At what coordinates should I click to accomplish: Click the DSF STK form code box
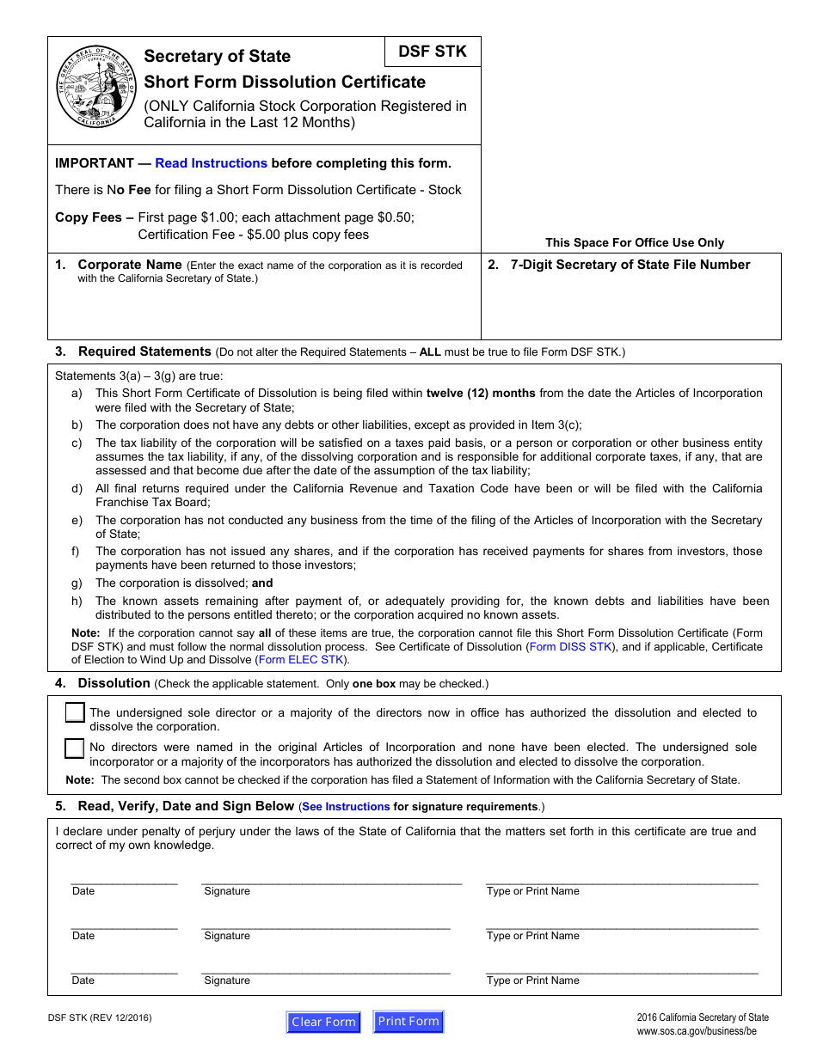click(433, 52)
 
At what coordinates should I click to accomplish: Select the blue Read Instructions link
click(211, 163)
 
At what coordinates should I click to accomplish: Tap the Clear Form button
click(323, 1022)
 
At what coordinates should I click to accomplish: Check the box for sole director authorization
click(75, 713)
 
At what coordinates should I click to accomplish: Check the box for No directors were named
click(75, 748)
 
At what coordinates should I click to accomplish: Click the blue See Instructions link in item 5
click(346, 807)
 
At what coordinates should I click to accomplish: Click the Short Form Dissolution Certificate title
click(285, 82)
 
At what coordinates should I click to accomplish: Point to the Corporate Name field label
click(130, 265)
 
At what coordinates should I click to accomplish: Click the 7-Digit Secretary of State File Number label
click(630, 265)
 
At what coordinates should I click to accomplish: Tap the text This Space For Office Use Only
click(635, 243)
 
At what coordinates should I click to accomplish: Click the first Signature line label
click(227, 891)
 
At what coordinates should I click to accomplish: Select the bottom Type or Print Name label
click(533, 981)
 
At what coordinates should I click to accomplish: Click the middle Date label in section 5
click(83, 936)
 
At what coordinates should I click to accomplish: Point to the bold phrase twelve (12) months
click(481, 394)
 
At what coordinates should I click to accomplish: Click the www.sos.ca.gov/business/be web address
click(697, 1031)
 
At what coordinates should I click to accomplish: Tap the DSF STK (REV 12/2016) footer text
click(100, 1018)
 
